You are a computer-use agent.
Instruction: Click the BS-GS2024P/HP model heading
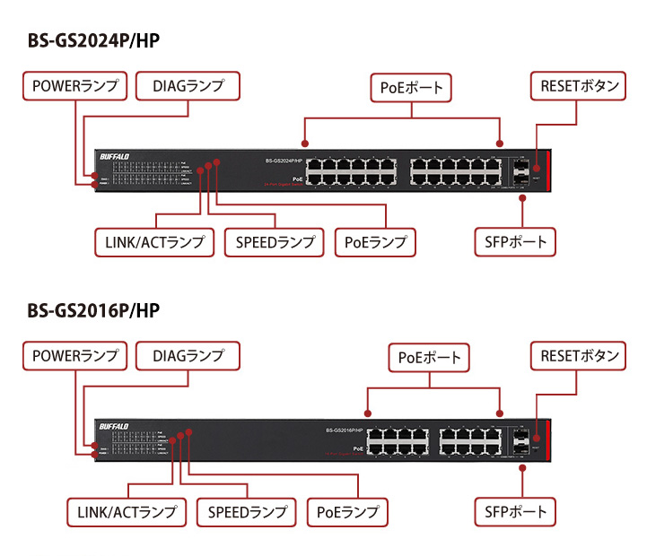tap(94, 41)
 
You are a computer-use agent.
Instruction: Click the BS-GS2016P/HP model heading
tap(94, 310)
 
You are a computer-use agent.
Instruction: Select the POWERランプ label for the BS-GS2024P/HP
tap(74, 87)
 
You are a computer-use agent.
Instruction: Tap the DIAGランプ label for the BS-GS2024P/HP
tap(188, 87)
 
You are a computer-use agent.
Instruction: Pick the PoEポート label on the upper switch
tap(412, 88)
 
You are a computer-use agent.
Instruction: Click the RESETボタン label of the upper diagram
tap(579, 87)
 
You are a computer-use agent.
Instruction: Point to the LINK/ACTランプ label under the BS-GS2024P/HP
tap(154, 242)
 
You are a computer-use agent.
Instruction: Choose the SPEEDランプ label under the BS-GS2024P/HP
tap(275, 242)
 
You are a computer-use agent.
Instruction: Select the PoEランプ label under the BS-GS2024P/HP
tap(375, 242)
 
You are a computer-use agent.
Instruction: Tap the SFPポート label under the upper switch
tap(516, 242)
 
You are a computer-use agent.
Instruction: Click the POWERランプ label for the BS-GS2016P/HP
tap(74, 356)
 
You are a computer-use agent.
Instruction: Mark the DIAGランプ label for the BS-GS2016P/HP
tap(188, 356)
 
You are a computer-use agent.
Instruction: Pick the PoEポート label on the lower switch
tap(430, 358)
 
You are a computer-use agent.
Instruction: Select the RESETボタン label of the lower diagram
tap(579, 356)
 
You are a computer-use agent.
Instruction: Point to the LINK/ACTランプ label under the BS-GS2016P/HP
tap(127, 512)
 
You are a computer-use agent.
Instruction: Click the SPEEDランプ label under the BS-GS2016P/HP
tap(247, 512)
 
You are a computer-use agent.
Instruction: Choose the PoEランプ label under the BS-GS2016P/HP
tap(347, 512)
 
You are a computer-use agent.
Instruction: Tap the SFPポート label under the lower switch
tap(516, 512)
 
